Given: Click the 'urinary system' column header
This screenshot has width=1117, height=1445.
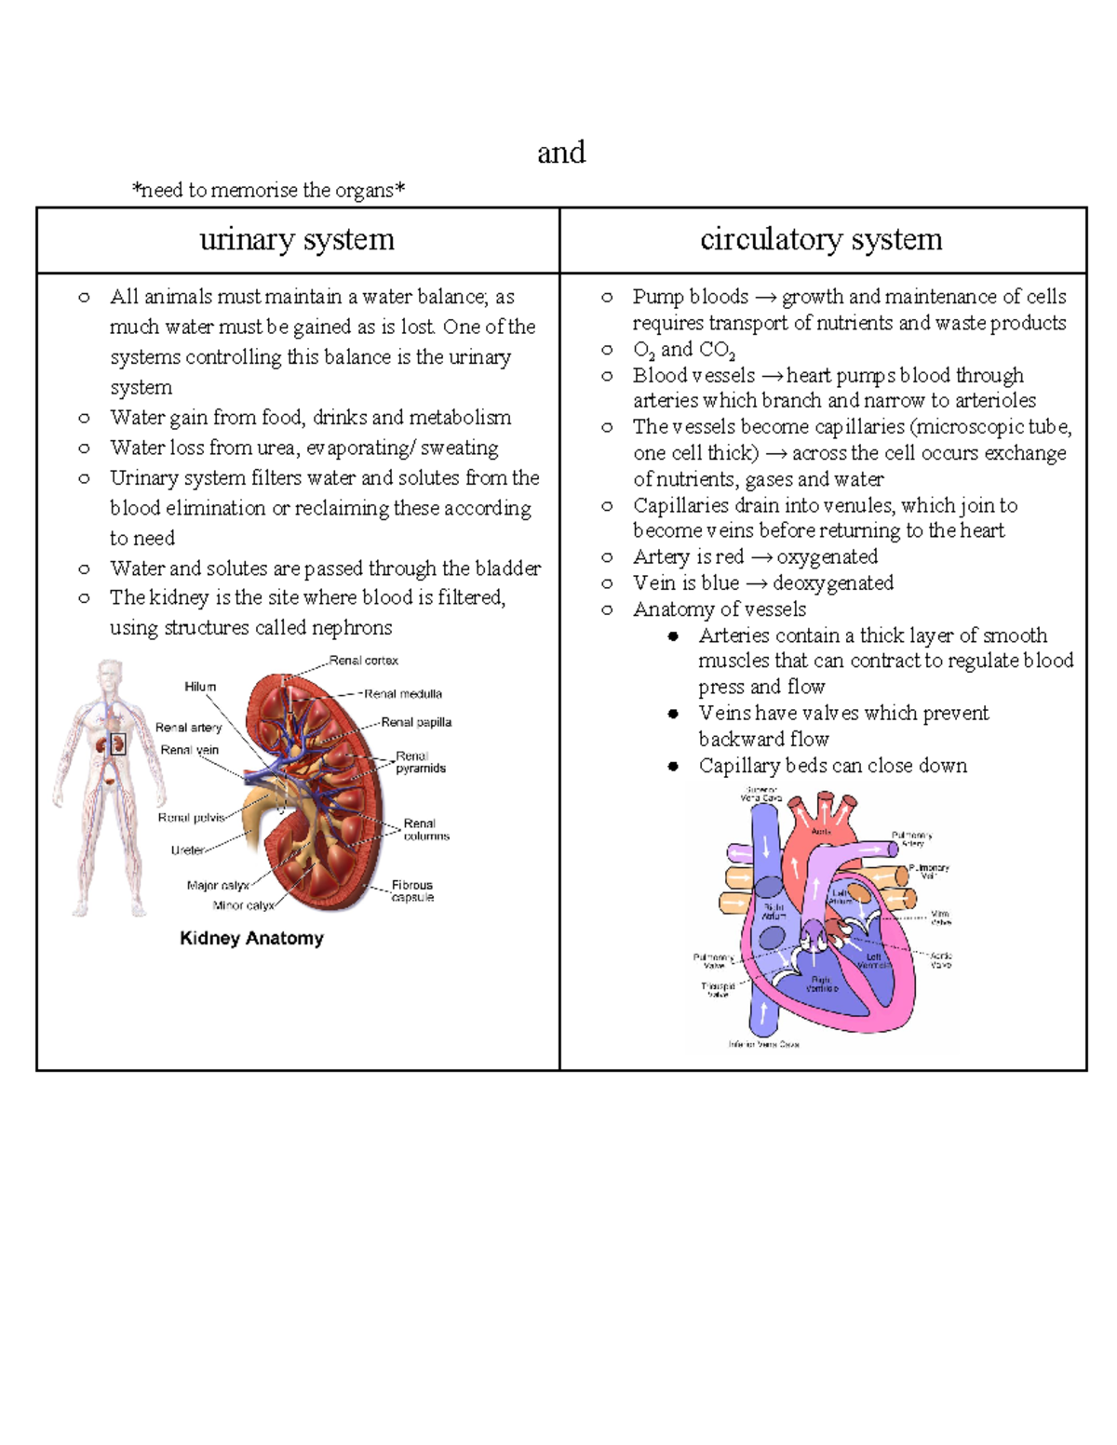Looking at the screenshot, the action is [297, 239].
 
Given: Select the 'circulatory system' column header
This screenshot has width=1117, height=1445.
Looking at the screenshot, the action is [821, 239].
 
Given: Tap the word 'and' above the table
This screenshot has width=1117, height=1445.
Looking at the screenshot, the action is [561, 152].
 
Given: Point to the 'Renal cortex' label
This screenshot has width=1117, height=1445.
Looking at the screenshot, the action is [363, 661].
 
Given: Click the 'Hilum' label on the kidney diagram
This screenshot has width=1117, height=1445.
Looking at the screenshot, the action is [200, 687].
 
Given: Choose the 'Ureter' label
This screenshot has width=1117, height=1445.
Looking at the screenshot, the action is [187, 850].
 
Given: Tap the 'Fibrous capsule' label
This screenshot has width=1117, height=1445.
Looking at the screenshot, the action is [412, 891].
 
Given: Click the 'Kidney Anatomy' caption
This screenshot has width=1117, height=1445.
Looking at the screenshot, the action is [251, 938].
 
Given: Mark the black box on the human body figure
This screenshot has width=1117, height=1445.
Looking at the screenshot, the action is [118, 743].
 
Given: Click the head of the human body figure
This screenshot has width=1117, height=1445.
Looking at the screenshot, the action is [110, 672].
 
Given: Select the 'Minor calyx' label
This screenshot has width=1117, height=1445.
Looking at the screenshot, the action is [243, 905].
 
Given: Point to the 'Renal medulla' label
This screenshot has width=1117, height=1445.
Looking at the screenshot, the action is [403, 694].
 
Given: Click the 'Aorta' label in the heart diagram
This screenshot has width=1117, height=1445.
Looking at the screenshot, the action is [821, 831].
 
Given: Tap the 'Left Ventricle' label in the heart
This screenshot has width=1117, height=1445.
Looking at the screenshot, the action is [874, 961].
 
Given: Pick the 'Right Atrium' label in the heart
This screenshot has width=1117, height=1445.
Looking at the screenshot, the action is [774, 911].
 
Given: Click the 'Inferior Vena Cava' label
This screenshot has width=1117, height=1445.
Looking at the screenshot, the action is [764, 1044].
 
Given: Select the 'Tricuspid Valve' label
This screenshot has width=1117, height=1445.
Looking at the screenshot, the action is [718, 990].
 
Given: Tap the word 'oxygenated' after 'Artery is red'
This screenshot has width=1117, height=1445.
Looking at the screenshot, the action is [828, 556].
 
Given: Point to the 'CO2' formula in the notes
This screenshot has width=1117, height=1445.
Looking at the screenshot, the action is [717, 351].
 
